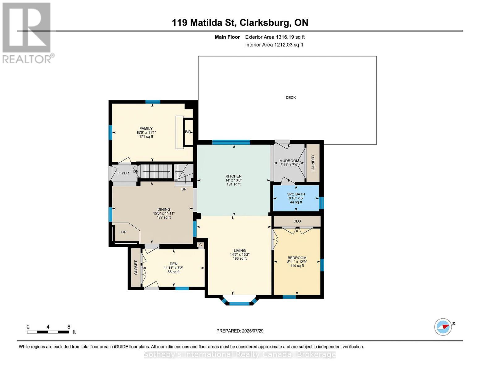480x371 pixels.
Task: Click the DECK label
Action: click(291, 98)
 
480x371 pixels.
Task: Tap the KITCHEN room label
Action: click(233, 176)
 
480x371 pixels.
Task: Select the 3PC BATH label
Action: click(296, 194)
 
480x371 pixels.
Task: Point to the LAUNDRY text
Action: click(313, 163)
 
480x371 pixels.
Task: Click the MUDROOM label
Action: click(289, 161)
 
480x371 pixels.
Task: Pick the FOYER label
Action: click(123, 173)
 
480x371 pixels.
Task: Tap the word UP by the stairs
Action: click(184, 189)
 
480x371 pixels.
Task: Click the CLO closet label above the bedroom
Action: click(297, 221)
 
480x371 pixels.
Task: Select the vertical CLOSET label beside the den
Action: click(136, 268)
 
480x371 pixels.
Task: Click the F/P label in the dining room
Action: click(124, 232)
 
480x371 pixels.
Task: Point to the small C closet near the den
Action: click(201, 245)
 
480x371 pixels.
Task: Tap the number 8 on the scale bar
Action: click(69, 327)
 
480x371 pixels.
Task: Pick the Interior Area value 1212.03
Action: click(283, 45)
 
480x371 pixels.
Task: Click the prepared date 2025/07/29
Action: click(253, 331)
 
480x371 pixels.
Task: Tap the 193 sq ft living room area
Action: click(240, 258)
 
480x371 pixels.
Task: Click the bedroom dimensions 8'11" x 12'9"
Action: click(297, 262)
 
